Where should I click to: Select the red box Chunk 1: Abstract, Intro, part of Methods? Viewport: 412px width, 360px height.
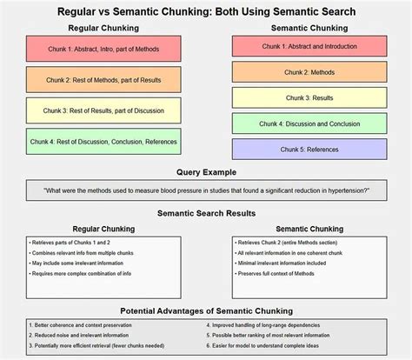click(103, 50)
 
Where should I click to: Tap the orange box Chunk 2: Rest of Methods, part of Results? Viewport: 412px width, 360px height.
click(103, 81)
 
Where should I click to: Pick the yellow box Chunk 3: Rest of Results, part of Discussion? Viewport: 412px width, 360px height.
click(103, 111)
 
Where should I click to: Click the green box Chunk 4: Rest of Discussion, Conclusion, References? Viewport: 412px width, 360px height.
click(103, 142)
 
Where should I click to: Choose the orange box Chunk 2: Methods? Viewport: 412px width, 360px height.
click(309, 72)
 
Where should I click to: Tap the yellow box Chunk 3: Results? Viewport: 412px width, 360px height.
click(309, 98)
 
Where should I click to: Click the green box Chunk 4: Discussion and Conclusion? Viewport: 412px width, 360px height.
click(309, 123)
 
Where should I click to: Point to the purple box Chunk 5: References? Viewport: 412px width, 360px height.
click(309, 150)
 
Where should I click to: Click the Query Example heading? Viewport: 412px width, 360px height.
click(206, 173)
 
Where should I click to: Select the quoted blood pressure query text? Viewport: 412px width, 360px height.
click(206, 190)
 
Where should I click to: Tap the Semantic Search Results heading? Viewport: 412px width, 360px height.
click(206, 213)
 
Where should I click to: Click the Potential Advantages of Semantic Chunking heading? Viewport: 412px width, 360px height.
click(206, 310)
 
